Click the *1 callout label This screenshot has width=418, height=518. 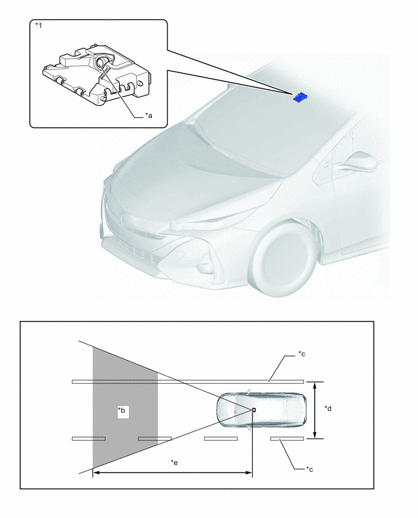point(39,26)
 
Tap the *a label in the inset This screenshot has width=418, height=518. point(148,116)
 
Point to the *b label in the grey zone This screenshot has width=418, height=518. point(122,410)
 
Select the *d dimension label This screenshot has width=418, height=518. point(328,409)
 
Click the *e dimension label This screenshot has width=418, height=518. point(174,463)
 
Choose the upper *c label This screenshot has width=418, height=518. point(301,354)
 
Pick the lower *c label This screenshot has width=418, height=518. point(309,469)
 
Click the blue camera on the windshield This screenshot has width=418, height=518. point(300,97)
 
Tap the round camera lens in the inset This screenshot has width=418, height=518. point(101,62)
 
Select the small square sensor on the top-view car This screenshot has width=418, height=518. point(254,410)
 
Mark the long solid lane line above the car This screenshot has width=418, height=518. point(188,382)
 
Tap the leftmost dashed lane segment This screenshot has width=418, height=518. point(89,439)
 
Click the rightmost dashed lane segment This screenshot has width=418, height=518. point(287,439)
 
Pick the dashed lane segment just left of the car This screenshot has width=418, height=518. point(221,439)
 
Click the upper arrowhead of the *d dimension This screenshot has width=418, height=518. point(315,385)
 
